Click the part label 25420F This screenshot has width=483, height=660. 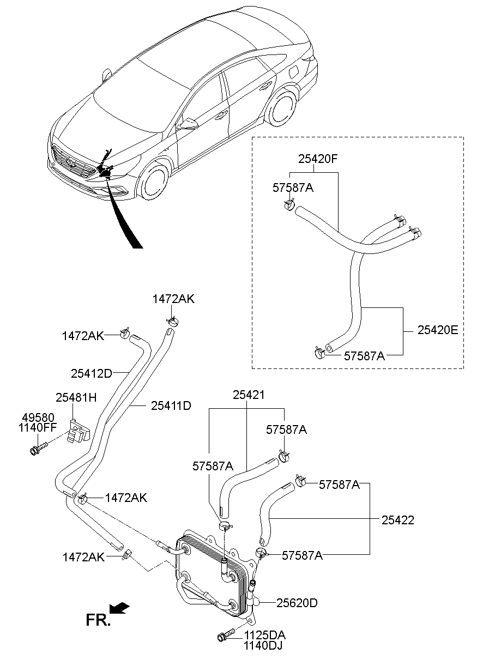pos(318,159)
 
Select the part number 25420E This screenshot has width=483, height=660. pos(438,330)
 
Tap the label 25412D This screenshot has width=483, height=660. pos(92,374)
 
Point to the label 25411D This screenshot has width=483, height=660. pos(171,405)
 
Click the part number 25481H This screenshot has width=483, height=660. pos(76,398)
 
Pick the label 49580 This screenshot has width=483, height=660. pos(38,418)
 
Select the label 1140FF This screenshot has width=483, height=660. pos(38,427)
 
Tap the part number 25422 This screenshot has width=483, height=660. pos(398,520)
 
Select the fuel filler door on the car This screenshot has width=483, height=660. pos(295,71)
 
